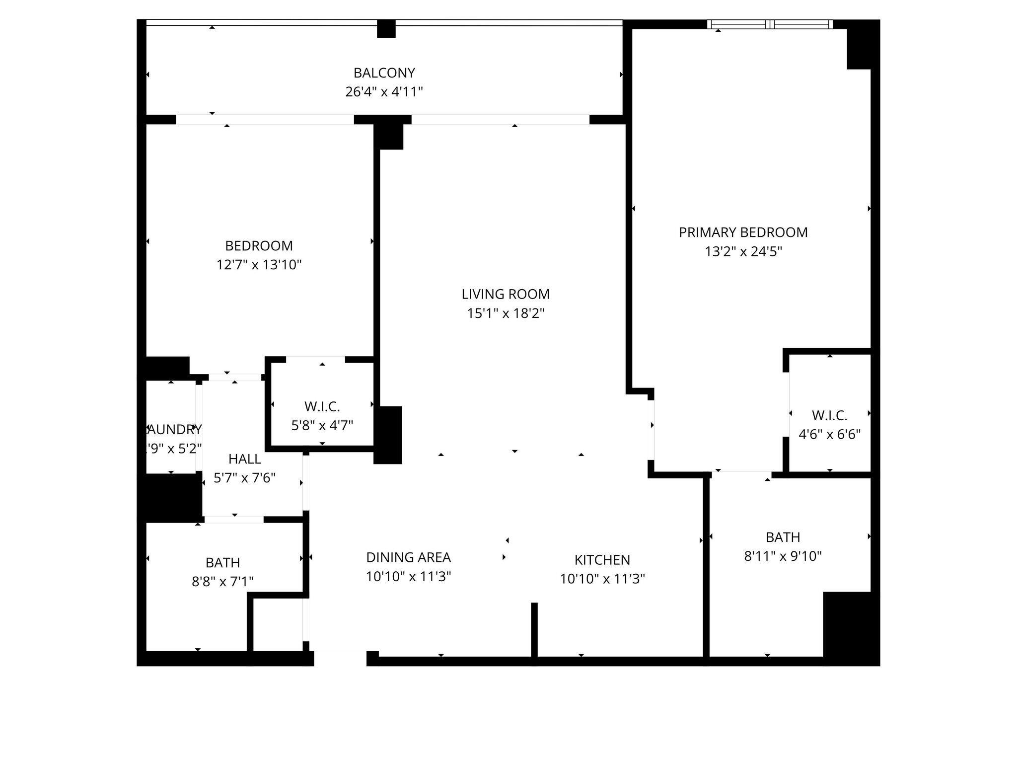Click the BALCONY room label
(x=384, y=73)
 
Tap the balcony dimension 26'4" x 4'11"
(x=384, y=92)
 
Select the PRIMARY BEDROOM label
(x=743, y=232)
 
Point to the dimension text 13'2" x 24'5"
(x=743, y=252)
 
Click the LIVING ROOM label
(x=506, y=294)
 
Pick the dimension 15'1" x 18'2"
(x=506, y=313)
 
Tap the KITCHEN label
(x=602, y=560)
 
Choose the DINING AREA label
(x=408, y=557)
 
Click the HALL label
(x=244, y=459)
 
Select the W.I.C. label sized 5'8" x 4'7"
(x=322, y=407)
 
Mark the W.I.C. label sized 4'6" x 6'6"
(x=829, y=415)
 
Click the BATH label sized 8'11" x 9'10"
(x=783, y=537)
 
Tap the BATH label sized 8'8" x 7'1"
(x=222, y=563)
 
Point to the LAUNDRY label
(x=174, y=430)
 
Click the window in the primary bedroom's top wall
(x=770, y=24)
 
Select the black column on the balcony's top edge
(x=386, y=29)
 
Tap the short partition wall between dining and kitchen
(x=534, y=630)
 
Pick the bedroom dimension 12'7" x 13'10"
(x=259, y=265)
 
